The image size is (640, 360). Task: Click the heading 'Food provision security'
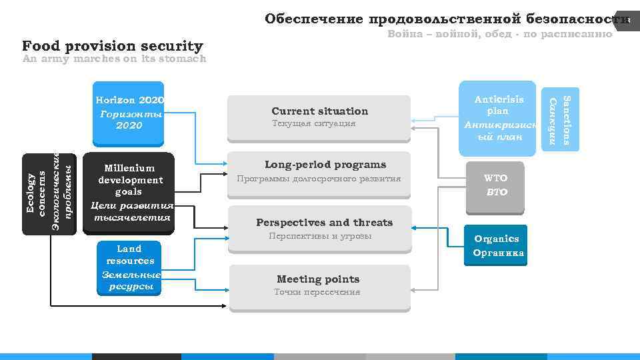click(112, 46)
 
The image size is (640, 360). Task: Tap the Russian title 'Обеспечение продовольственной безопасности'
click(447, 19)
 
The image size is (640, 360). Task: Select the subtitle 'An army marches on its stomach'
click(114, 59)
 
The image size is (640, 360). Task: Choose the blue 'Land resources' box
click(129, 267)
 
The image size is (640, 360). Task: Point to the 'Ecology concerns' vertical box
click(50, 193)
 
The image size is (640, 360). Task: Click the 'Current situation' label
click(319, 111)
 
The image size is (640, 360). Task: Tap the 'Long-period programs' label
click(325, 164)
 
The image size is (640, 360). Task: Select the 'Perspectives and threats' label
click(324, 222)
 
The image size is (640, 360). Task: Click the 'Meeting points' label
click(318, 279)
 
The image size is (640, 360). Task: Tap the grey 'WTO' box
click(495, 185)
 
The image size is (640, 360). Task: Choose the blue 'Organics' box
click(497, 245)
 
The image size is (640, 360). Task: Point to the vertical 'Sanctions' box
click(559, 119)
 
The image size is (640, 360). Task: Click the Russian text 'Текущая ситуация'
click(314, 123)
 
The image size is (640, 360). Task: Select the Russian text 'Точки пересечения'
click(317, 291)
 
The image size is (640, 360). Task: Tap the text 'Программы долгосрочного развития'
click(319, 179)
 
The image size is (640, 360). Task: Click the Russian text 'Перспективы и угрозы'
click(320, 236)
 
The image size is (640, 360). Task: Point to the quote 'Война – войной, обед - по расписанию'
click(500, 33)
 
